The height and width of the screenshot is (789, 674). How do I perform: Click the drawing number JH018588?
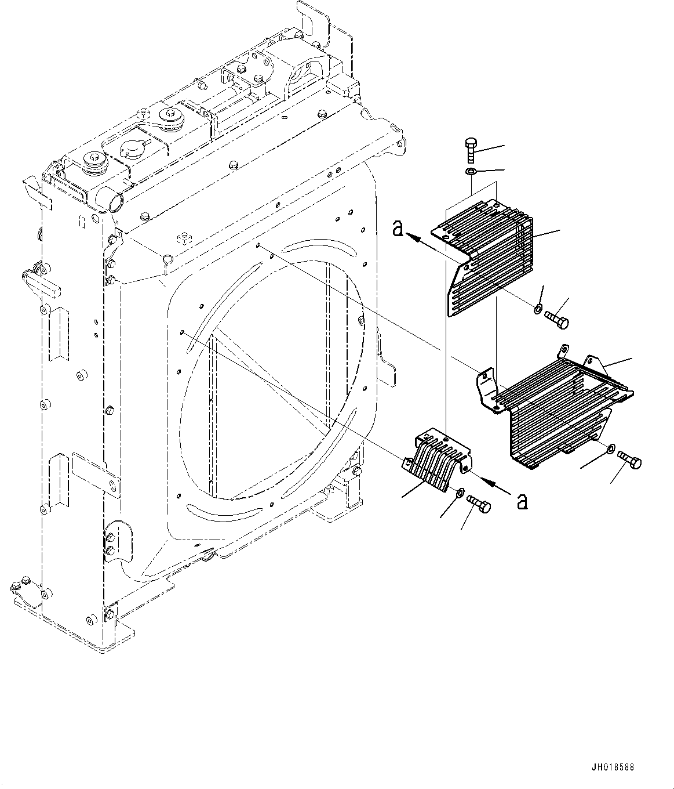pyautogui.click(x=613, y=767)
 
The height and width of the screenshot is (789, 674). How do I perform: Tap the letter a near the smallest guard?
pyautogui.click(x=522, y=501)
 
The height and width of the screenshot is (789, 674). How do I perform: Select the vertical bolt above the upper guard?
pyautogui.click(x=471, y=150)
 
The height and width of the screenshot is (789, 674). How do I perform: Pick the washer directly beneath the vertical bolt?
pyautogui.click(x=470, y=171)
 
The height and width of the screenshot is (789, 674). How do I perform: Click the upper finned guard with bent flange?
pyautogui.click(x=487, y=255)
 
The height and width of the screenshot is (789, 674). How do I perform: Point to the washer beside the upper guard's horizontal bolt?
pyautogui.click(x=538, y=309)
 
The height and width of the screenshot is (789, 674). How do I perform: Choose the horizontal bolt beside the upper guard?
pyautogui.click(x=556, y=319)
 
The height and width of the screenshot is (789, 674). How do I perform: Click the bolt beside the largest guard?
pyautogui.click(x=631, y=461)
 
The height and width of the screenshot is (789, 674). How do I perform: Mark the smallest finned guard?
pyautogui.click(x=436, y=458)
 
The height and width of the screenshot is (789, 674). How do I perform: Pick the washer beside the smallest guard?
pyautogui.click(x=458, y=493)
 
